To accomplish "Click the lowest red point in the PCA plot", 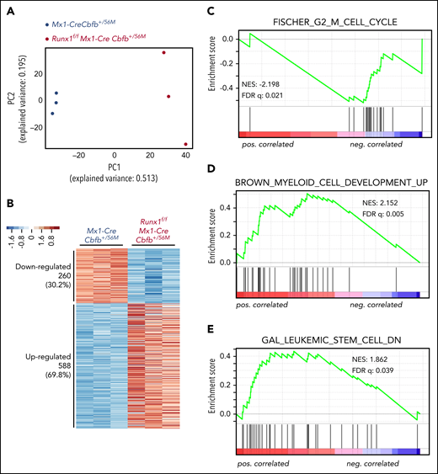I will tap(185, 144).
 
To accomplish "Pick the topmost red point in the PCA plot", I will tap(163, 53).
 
